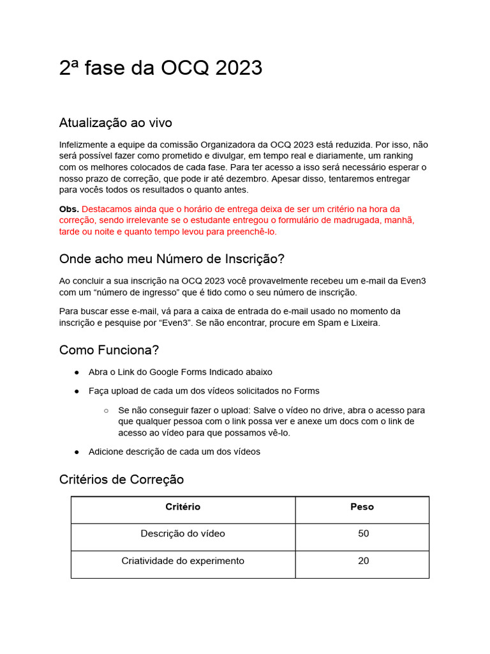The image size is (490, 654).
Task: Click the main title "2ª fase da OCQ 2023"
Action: pyautogui.click(x=160, y=68)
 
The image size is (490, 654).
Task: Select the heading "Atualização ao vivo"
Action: pyautogui.click(x=115, y=123)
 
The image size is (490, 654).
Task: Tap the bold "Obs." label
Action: pyautogui.click(x=69, y=209)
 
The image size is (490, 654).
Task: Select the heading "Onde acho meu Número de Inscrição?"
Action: pyautogui.click(x=172, y=259)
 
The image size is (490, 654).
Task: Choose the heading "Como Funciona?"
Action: pyautogui.click(x=109, y=350)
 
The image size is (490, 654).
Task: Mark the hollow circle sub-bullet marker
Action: pyautogui.click(x=106, y=411)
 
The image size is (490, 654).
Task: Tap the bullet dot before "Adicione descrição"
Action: pyautogui.click(x=77, y=452)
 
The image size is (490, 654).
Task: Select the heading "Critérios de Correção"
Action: pyautogui.click(x=121, y=479)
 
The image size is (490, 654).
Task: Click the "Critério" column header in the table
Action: pyautogui.click(x=182, y=507)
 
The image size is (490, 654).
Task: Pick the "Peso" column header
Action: pyautogui.click(x=362, y=507)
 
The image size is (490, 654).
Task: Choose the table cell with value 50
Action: pyautogui.click(x=363, y=534)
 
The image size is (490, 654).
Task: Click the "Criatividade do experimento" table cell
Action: pyautogui.click(x=182, y=561)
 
